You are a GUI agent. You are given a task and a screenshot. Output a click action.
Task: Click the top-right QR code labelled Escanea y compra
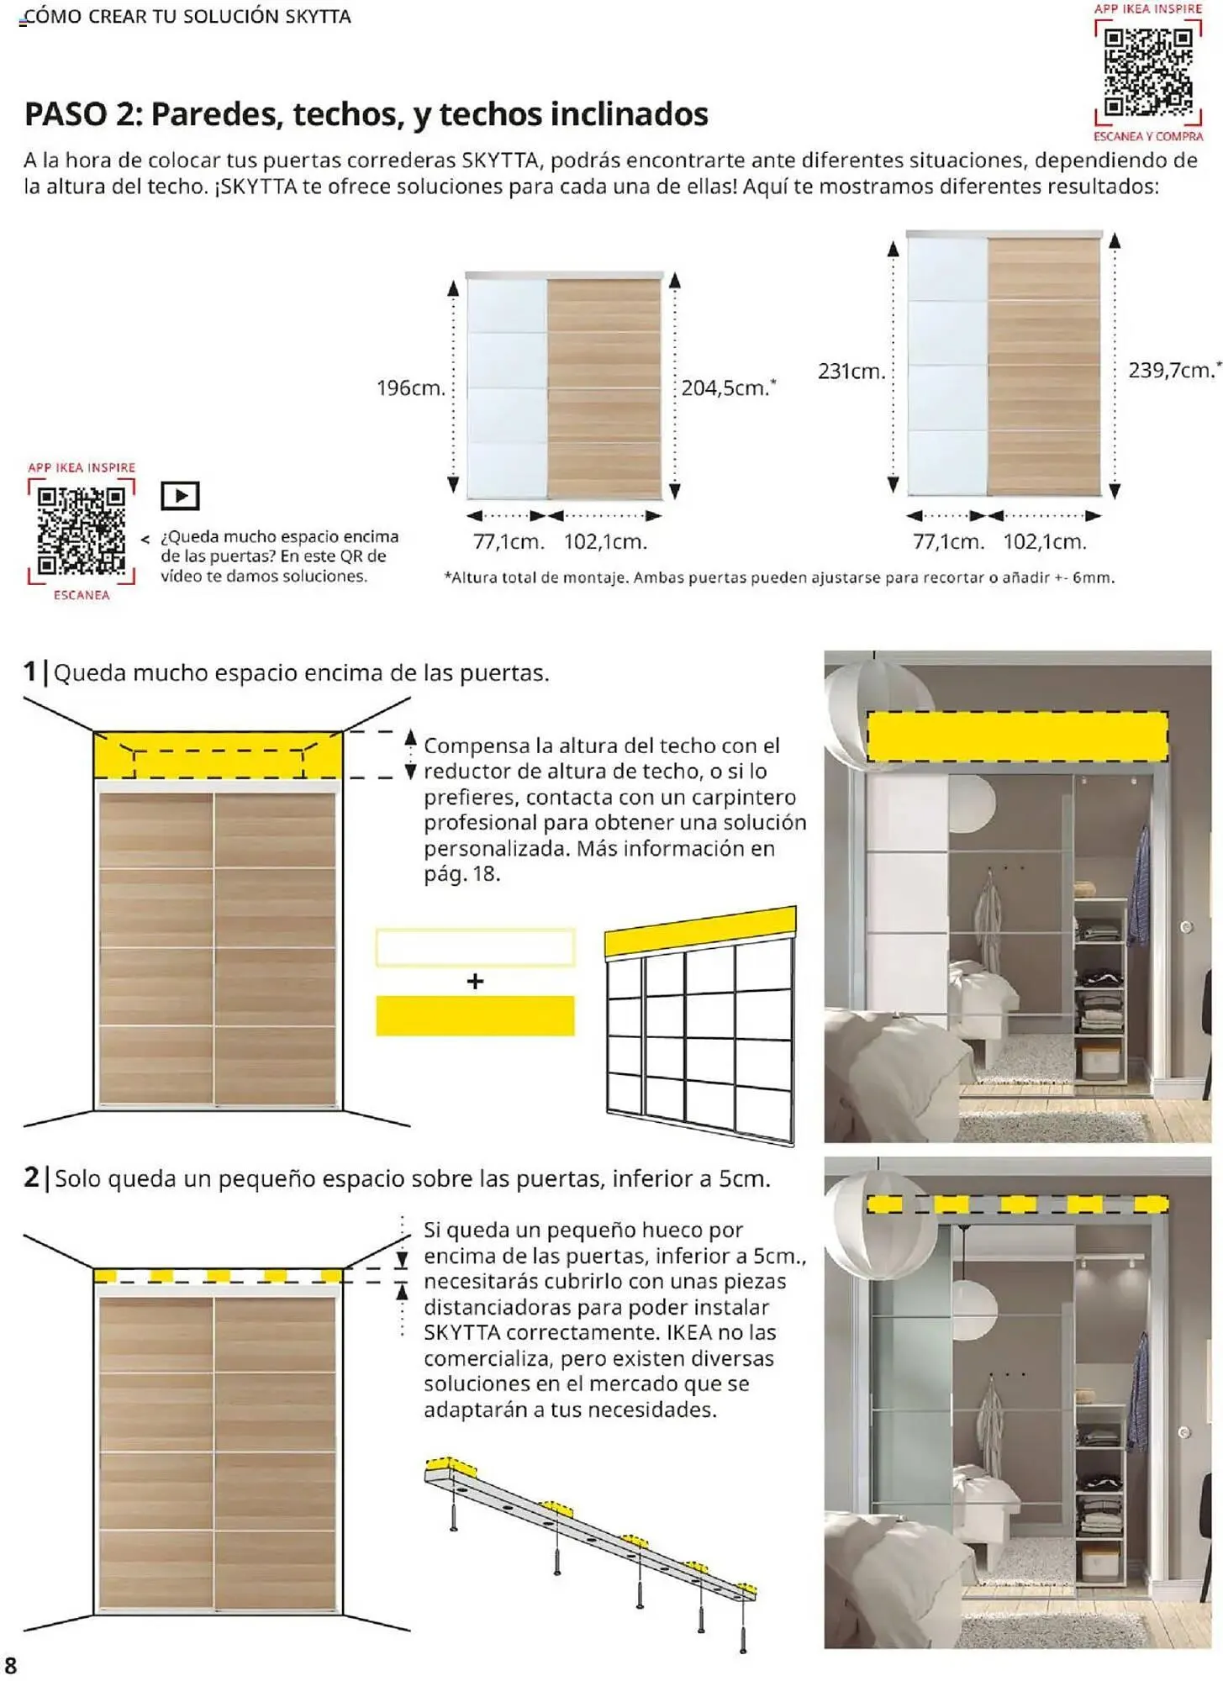[x=1147, y=73]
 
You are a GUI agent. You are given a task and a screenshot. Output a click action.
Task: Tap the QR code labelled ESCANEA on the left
[x=82, y=530]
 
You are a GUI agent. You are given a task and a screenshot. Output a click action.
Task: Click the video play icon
[x=180, y=496]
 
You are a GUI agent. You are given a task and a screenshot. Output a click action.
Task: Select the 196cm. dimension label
[x=410, y=388]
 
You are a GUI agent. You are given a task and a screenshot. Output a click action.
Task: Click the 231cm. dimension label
[x=851, y=372]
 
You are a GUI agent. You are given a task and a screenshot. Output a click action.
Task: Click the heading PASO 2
[x=366, y=114]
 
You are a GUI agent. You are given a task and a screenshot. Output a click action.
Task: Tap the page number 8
[x=11, y=1665]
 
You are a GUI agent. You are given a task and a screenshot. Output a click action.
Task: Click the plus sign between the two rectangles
[x=475, y=981]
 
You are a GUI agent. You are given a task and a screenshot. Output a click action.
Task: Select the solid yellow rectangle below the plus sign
[x=475, y=1015]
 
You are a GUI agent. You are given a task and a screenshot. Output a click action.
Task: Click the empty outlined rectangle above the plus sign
[x=475, y=947]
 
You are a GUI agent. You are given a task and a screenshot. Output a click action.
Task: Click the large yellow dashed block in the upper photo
[x=1016, y=736]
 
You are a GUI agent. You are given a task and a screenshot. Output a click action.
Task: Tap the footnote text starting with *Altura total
[x=778, y=578]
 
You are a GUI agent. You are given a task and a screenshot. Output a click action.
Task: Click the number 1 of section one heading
[x=30, y=672]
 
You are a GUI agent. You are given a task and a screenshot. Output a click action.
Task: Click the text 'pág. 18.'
[x=461, y=874]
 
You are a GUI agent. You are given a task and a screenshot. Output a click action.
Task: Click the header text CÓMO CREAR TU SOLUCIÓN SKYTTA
[x=186, y=17]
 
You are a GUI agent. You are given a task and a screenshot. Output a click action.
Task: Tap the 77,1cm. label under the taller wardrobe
[x=948, y=542]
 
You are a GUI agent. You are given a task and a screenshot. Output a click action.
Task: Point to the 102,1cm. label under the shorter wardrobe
[x=605, y=542]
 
